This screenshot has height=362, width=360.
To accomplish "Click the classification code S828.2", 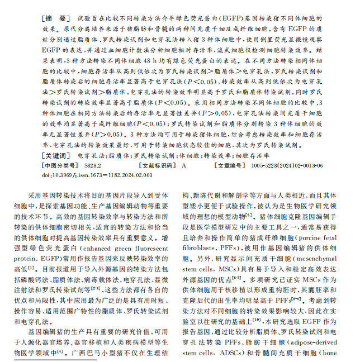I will pos(93,166).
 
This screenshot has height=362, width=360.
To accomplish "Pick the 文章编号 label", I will pos(229,166).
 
